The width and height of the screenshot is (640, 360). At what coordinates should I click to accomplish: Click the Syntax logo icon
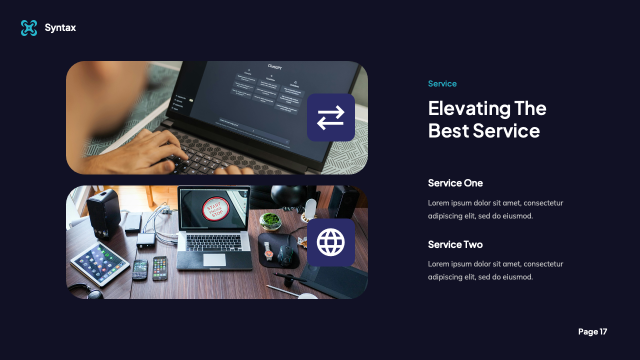coord(29,28)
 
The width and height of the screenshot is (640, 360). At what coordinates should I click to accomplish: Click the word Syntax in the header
coord(60,28)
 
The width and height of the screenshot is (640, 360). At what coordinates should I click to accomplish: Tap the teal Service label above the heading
coord(442,83)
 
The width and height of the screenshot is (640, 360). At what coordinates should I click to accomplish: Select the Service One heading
coord(455,183)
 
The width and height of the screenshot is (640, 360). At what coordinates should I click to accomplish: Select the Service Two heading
coord(455,244)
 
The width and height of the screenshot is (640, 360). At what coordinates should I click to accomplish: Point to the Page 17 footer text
coord(592,331)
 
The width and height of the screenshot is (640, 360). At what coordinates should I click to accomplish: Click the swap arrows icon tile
coord(330,117)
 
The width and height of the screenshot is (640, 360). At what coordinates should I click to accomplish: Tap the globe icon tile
coord(330,242)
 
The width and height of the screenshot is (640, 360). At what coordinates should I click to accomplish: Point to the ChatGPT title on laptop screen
coord(274,66)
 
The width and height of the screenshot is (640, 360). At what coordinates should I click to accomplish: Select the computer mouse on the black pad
coord(285,254)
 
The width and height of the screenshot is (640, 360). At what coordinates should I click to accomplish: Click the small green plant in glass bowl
coord(270,220)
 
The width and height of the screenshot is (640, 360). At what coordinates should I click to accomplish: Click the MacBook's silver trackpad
coord(214,259)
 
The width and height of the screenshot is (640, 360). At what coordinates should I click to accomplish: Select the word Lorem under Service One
coord(438,203)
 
